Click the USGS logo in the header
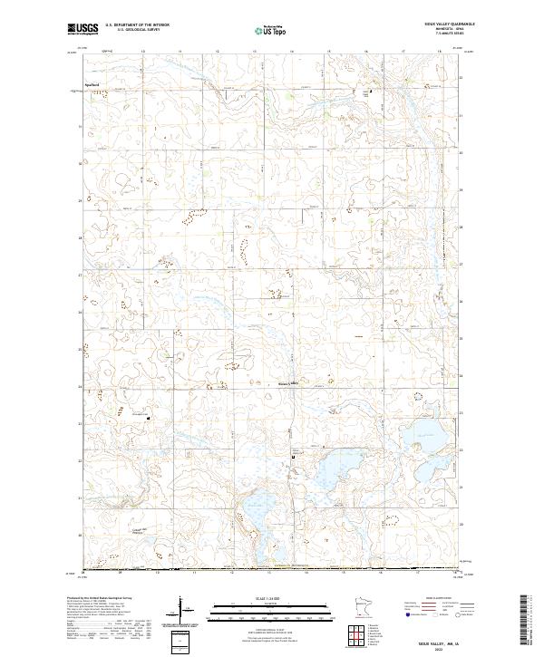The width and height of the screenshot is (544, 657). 83,30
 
